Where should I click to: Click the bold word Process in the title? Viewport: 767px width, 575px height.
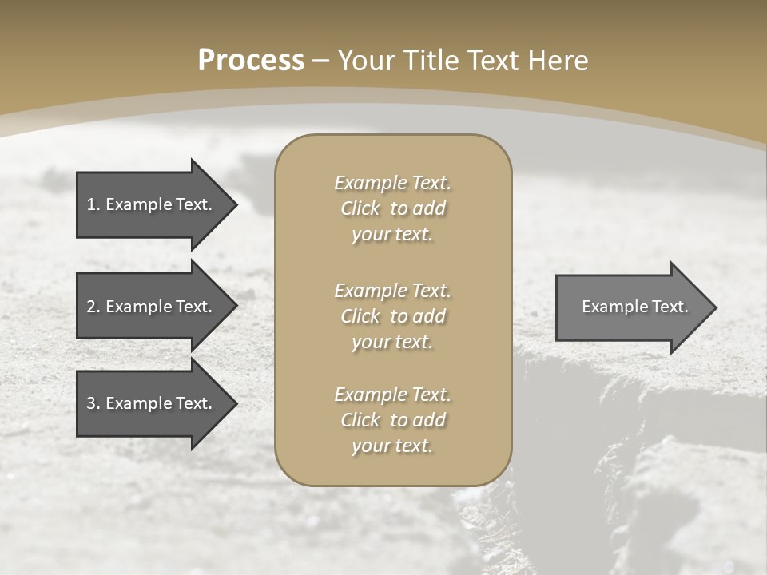coord(251,61)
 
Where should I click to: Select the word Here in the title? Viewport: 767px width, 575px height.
coord(558,61)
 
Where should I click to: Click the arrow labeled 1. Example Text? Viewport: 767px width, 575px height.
coord(152,204)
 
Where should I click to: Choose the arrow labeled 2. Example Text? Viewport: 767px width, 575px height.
coord(152,307)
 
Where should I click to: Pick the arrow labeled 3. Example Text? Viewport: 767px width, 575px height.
coord(152,403)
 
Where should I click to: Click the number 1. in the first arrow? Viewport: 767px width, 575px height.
coord(93,204)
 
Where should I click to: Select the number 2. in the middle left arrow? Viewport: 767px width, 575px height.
coord(93,307)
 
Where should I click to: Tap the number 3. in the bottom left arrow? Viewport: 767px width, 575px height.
coord(93,403)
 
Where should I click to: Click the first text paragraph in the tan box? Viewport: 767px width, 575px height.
coord(392,208)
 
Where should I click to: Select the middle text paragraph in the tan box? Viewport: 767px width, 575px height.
coord(392,315)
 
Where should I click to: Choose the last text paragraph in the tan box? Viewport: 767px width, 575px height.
coord(392,420)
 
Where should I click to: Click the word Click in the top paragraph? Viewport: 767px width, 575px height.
coord(360,208)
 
